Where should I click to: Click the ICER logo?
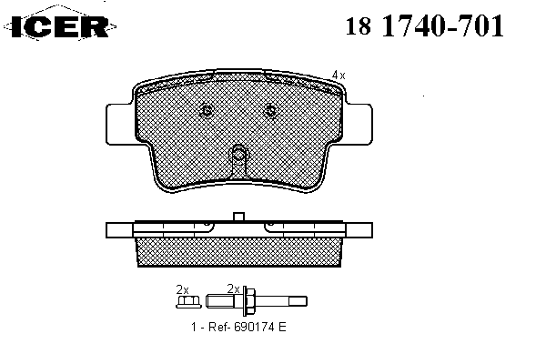60,26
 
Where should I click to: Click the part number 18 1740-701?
424,25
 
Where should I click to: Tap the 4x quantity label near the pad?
339,75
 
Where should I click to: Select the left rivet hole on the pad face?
207,110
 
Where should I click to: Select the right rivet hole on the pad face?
270,110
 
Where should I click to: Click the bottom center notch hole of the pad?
238,153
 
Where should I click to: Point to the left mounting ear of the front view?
120,124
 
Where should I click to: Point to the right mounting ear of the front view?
359,124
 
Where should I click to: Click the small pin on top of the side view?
238,217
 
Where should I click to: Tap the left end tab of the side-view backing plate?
119,230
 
